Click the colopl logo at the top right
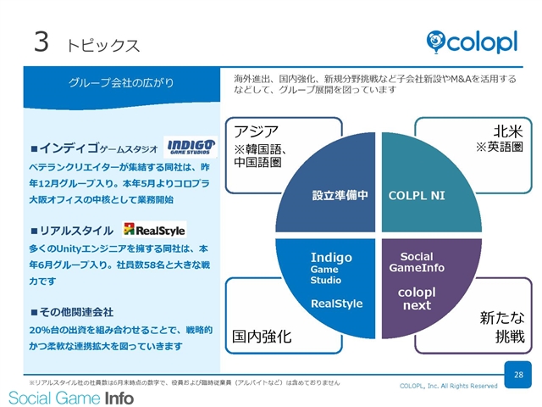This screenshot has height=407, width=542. click(472, 42)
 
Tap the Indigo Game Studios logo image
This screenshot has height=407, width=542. click(191, 147)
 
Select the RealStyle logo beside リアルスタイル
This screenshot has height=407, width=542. click(154, 230)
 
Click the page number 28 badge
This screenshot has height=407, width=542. click(517, 375)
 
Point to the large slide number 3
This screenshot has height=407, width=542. click(41, 42)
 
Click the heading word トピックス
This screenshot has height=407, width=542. click(103, 45)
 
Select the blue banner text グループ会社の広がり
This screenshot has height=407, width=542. click(121, 83)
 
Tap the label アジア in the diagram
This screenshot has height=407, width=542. click(256, 131)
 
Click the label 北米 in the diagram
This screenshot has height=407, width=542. click(508, 131)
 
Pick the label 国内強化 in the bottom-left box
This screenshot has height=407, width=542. click(262, 336)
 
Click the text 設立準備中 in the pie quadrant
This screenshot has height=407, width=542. click(340, 195)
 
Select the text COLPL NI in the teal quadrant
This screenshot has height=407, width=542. click(417, 196)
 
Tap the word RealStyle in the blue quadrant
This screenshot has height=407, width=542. click(337, 304)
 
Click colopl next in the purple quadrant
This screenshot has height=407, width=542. click(417, 298)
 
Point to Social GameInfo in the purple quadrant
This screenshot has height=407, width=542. click(417, 262)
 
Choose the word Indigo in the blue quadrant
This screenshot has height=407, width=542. click(331, 257)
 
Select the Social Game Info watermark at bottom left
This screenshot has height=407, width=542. click(71, 398)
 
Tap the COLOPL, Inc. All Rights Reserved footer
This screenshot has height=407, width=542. click(448, 386)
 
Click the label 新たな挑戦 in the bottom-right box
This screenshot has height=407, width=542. click(502, 326)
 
